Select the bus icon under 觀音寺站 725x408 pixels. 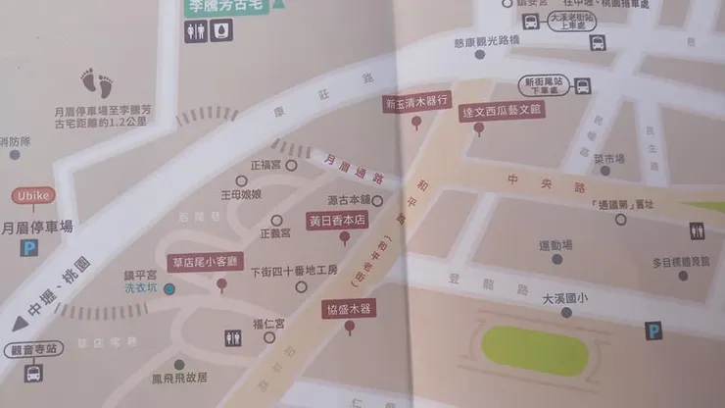click(x=32, y=373)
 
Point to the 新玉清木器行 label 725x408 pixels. click(x=416, y=101)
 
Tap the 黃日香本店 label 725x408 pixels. click(x=336, y=221)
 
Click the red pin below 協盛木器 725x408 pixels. click(x=350, y=327)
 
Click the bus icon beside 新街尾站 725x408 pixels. click(x=583, y=86)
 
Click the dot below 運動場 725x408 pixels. click(x=556, y=259)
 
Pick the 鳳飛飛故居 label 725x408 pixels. click(x=178, y=378)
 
